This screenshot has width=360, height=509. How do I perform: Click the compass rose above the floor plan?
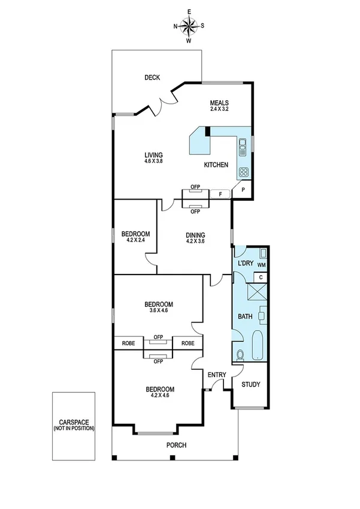click(189, 26)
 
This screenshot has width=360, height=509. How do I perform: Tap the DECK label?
click(152, 77)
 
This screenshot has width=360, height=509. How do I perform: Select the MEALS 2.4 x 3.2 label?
click(220, 106)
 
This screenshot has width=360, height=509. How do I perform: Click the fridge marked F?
click(220, 194)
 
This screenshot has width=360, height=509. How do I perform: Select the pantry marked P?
click(243, 190)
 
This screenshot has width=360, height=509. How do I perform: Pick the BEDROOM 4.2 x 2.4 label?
click(135, 236)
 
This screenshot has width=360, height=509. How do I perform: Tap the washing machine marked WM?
click(261, 264)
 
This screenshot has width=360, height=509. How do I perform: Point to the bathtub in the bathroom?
click(258, 345)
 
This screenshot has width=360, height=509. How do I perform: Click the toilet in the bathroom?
click(241, 354)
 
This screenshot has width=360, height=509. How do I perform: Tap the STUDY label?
click(250, 384)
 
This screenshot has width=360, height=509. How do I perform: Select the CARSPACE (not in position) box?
click(73, 425)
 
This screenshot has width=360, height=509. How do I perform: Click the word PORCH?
click(177, 445)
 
